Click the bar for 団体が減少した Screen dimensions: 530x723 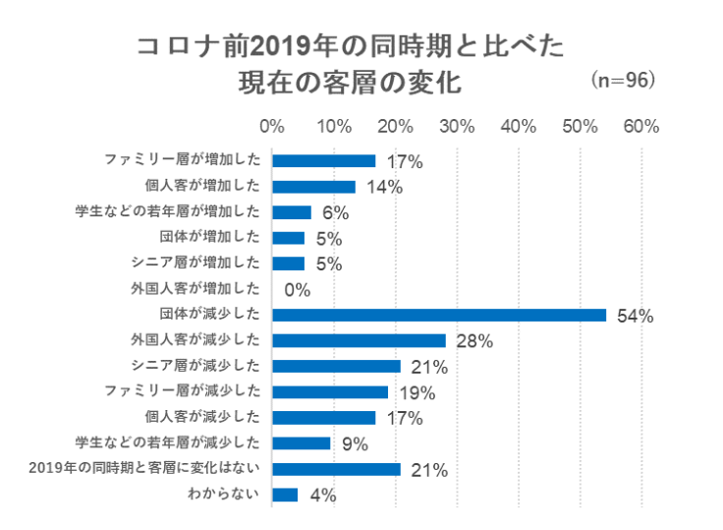click(x=438, y=315)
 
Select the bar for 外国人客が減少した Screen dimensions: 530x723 click(x=359, y=340)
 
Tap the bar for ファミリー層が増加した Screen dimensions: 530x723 click(x=323, y=160)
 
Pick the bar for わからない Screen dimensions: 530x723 click(x=285, y=495)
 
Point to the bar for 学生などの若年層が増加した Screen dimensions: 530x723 click(x=291, y=212)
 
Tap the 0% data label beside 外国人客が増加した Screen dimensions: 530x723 click(x=297, y=290)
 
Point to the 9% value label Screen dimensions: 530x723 click(x=354, y=444)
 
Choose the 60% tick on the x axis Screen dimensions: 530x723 click(x=641, y=127)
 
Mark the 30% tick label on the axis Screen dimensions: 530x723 click(x=457, y=127)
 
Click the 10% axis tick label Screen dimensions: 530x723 click(x=334, y=127)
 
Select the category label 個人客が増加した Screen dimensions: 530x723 click(x=201, y=186)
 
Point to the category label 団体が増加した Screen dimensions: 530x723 click(x=208, y=237)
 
